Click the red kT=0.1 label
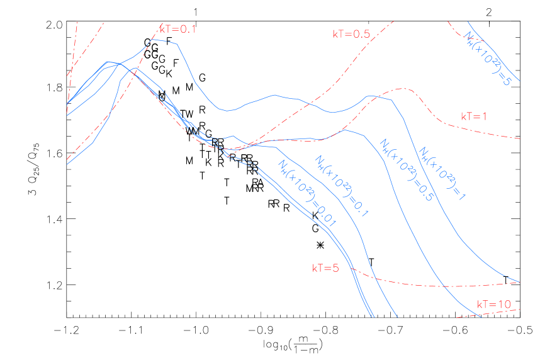point(177,29)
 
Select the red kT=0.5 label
point(351,34)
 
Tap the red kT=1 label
point(474,116)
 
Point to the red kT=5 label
point(325,268)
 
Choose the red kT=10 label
point(493,305)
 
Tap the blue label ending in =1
point(442,174)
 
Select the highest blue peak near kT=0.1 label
point(154,40)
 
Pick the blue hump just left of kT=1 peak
point(371,96)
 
